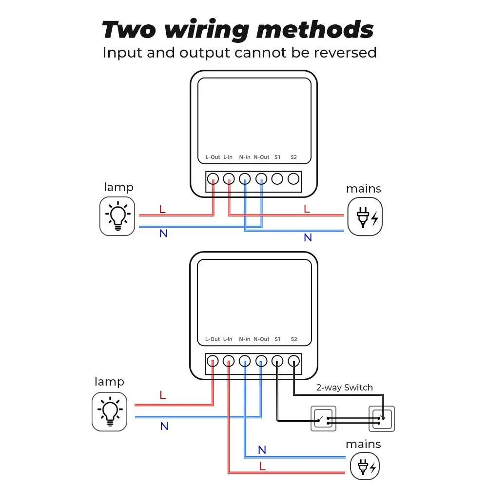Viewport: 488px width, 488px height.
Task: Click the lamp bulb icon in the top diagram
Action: coord(117,216)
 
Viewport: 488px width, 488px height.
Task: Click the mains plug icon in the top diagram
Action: coord(365,216)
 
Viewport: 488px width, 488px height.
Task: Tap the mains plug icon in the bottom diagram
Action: coord(365,466)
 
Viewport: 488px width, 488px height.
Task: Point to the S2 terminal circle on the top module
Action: coord(293,179)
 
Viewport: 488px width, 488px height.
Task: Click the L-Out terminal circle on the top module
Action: coord(213,179)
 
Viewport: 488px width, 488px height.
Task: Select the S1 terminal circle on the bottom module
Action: coord(277,361)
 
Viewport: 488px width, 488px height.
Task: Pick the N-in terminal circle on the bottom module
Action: coord(245,361)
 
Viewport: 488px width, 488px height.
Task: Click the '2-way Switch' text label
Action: coord(344,388)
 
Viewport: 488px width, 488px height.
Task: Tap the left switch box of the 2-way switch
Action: coord(323,418)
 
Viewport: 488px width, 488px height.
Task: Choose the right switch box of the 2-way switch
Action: coord(381,418)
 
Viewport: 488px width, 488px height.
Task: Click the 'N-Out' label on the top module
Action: coord(261,157)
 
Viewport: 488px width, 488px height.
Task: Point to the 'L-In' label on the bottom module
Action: coord(228,339)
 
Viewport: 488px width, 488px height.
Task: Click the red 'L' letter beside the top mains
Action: coord(307,209)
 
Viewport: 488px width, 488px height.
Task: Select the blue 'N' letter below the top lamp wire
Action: coord(163,234)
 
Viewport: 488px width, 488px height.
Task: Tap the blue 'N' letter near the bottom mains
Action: coord(262,449)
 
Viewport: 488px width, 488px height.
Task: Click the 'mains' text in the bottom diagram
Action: coord(363,444)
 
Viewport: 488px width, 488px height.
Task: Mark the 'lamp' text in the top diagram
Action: coord(118,187)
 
